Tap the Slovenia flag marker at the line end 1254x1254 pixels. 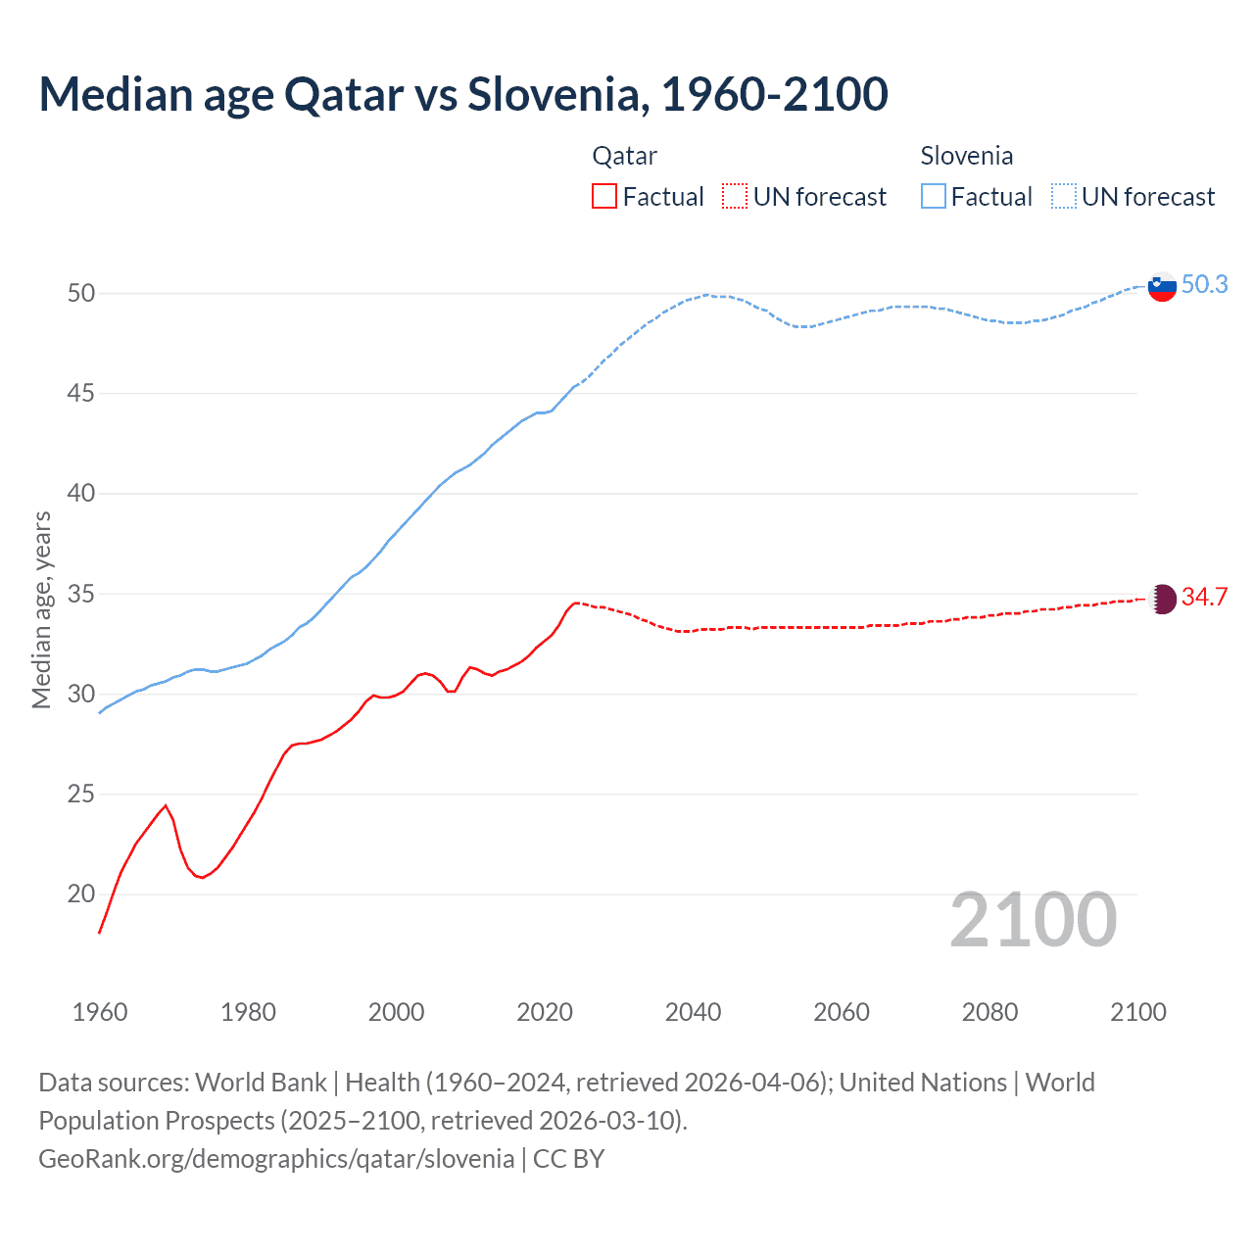(1161, 287)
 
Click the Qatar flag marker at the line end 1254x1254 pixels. (1162, 599)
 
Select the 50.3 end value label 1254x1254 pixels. (1204, 285)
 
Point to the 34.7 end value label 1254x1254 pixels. (1204, 598)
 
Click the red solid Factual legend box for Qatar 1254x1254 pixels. (604, 197)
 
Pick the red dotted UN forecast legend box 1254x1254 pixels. (735, 197)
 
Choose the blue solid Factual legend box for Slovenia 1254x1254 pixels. (934, 197)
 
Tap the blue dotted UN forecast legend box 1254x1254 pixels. (1064, 197)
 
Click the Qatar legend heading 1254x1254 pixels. (624, 156)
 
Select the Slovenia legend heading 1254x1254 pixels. (966, 156)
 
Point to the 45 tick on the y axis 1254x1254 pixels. (81, 394)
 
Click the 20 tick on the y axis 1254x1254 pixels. (81, 893)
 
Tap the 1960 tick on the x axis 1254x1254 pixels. (100, 1012)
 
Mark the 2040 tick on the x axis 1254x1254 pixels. (693, 1012)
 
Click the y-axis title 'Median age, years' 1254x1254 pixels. (41, 609)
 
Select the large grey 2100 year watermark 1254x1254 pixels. (1033, 920)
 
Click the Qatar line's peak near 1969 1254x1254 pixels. (166, 805)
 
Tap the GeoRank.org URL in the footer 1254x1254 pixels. (276, 1159)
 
